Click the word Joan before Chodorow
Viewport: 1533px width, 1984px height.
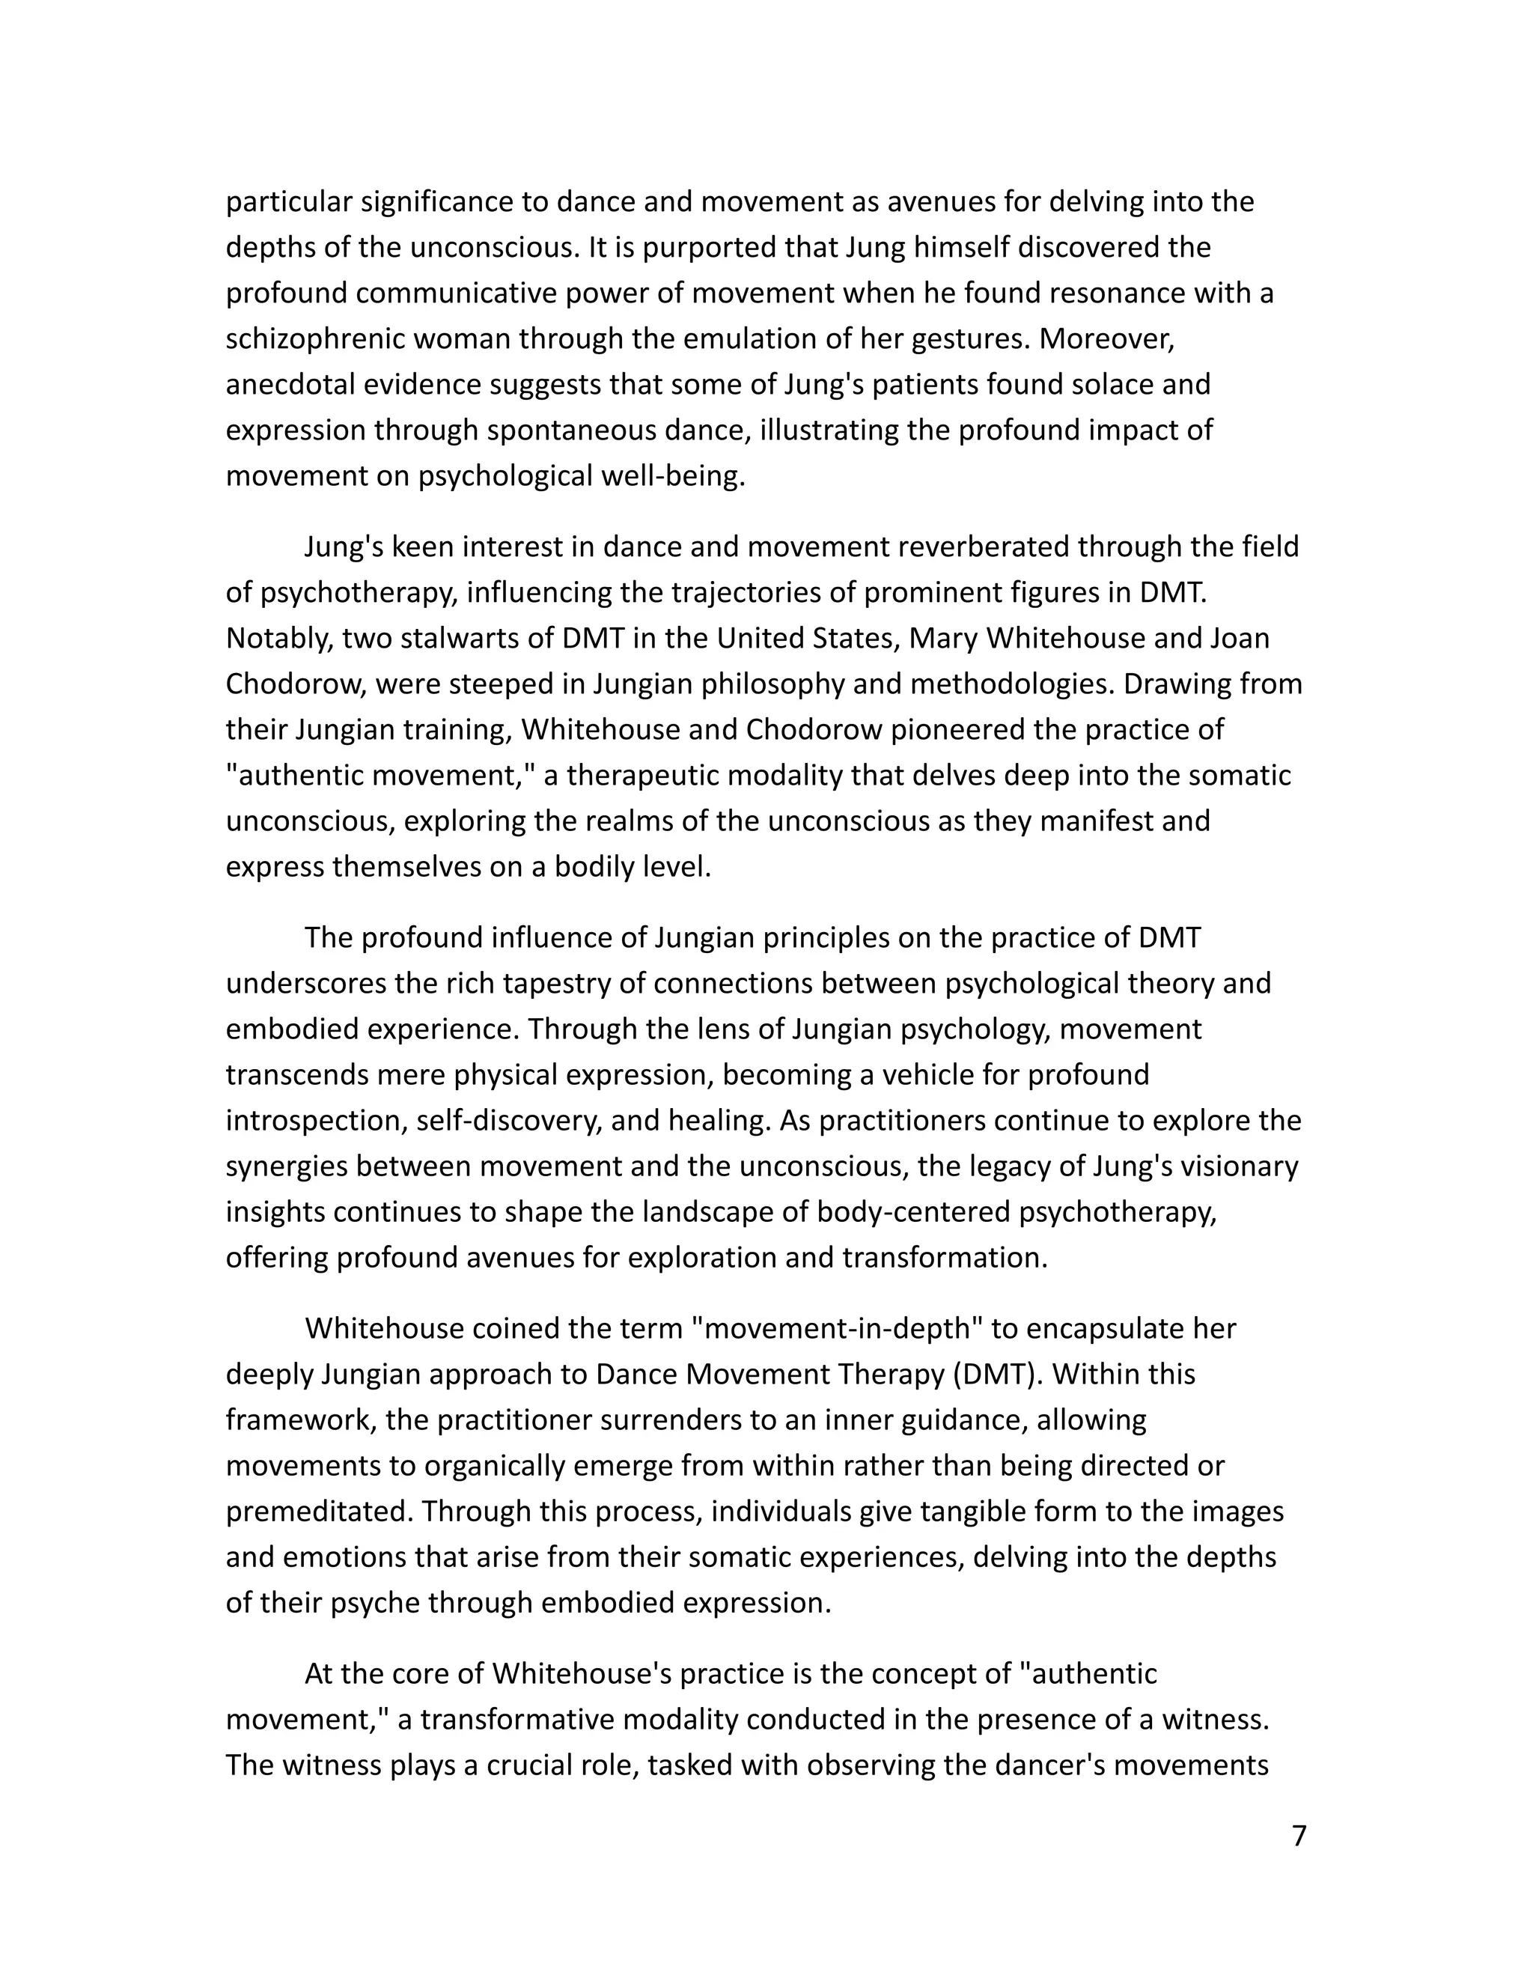(1240, 639)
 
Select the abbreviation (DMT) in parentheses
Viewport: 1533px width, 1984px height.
(996, 1374)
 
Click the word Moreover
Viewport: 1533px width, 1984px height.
(1107, 339)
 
